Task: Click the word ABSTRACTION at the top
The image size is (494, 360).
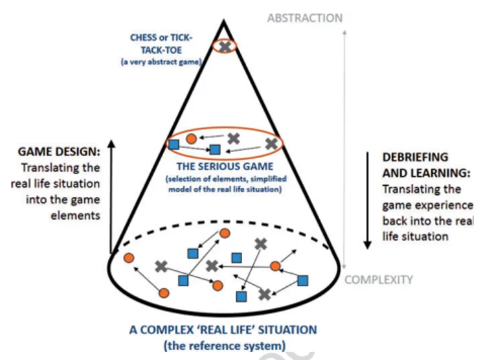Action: (x=305, y=17)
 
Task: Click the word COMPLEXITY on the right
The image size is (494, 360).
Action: (x=378, y=280)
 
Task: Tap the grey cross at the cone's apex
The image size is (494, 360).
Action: (x=224, y=47)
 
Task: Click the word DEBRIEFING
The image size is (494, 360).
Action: (x=414, y=157)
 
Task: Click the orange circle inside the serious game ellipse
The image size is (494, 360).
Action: (x=191, y=139)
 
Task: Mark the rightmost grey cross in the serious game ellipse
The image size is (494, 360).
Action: (x=271, y=143)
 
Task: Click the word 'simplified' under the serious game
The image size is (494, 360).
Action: (x=259, y=178)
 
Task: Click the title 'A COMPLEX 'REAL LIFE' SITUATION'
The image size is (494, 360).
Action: (x=223, y=330)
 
